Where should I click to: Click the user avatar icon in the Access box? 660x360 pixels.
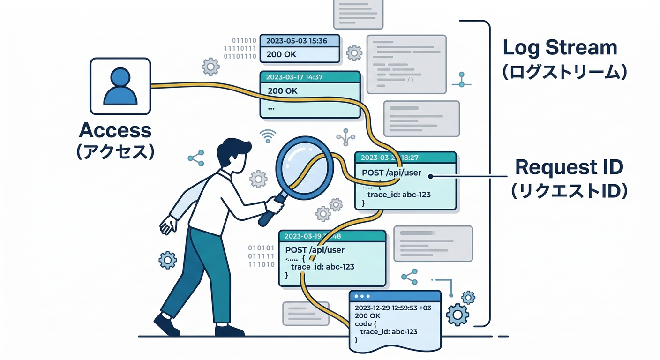tap(120, 86)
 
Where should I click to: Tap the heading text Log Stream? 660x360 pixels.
tap(560, 48)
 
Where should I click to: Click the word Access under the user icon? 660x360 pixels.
tap(115, 130)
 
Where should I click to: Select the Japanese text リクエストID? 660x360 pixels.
tap(569, 191)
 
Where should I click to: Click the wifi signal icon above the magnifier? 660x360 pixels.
tap(268, 135)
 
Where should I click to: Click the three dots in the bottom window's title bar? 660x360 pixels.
tap(362, 297)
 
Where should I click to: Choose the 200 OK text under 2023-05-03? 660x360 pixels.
tap(281, 54)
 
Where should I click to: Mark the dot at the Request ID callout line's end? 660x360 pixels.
tap(431, 177)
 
